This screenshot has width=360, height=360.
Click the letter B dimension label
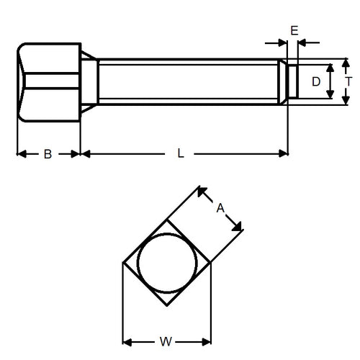pos(48,153)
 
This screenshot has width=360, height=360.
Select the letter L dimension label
pos(181,153)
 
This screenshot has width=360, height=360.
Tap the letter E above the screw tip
pos(293,30)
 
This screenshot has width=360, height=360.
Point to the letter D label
pos(315,82)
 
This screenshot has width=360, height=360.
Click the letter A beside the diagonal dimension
pos(221,208)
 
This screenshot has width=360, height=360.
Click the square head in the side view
pos(48,83)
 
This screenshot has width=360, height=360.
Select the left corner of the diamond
pos(123,264)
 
